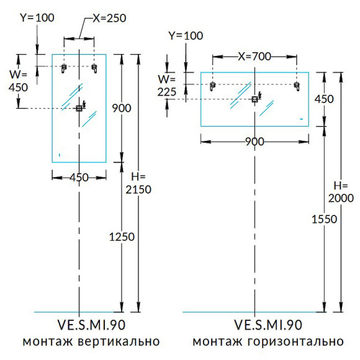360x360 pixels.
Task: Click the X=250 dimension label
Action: pyautogui.click(x=109, y=18)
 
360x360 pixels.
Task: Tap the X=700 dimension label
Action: pyautogui.click(x=254, y=56)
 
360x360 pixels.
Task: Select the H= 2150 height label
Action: pyautogui.click(x=138, y=183)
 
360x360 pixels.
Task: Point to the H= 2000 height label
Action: pyautogui.click(x=341, y=192)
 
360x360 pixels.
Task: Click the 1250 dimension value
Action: pyautogui.click(x=122, y=236)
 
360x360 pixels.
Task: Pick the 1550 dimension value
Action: pyautogui.click(x=324, y=219)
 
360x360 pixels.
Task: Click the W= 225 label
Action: pyautogui.click(x=167, y=86)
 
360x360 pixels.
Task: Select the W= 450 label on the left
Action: pyautogui.click(x=19, y=81)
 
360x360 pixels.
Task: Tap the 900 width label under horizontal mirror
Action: pyautogui.click(x=254, y=142)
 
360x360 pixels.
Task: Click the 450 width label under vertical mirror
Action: pyautogui.click(x=79, y=178)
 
